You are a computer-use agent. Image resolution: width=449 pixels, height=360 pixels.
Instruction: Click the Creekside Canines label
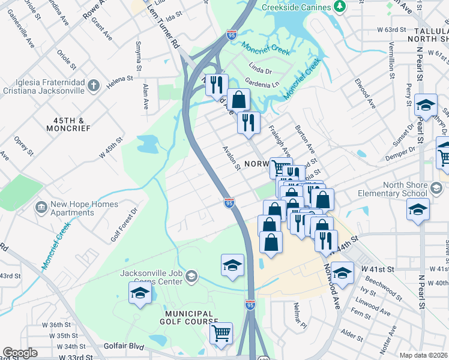[x=297, y=7]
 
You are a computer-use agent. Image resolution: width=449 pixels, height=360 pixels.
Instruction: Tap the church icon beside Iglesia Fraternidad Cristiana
[x=92, y=86]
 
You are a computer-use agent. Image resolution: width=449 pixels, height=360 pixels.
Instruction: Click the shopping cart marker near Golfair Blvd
[x=221, y=333]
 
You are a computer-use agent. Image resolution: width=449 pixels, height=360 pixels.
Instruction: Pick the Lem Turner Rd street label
[x=167, y=32]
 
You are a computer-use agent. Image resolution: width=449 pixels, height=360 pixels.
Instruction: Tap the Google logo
[x=20, y=353]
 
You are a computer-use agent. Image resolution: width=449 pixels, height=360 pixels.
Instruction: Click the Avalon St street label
[x=231, y=158]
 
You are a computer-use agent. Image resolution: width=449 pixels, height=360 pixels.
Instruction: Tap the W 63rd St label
[x=392, y=29]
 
